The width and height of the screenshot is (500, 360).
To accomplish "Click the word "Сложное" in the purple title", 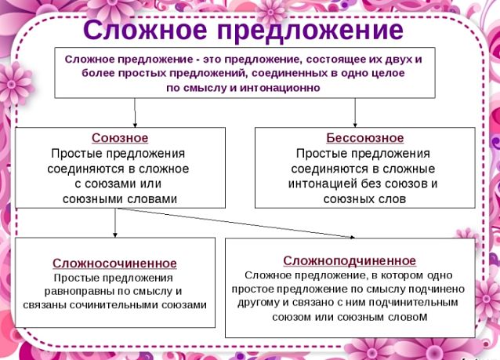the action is tap(145, 29).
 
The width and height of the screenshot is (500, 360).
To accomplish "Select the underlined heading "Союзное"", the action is tap(120, 138).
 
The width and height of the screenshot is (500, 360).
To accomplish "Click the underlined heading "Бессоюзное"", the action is tap(364, 138).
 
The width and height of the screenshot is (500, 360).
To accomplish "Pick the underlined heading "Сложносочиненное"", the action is tap(114, 264).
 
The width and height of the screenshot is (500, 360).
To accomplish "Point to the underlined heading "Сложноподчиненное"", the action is tap(350, 260).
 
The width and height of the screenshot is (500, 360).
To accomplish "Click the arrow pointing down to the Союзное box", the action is tap(135, 113).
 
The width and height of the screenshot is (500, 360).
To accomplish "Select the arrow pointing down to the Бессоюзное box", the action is tap(355, 113).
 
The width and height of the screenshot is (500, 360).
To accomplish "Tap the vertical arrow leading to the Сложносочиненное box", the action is tap(115, 223).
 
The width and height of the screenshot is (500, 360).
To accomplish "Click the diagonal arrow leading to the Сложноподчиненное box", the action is tap(236, 223).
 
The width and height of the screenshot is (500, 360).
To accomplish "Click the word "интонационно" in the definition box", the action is tap(280, 88).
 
